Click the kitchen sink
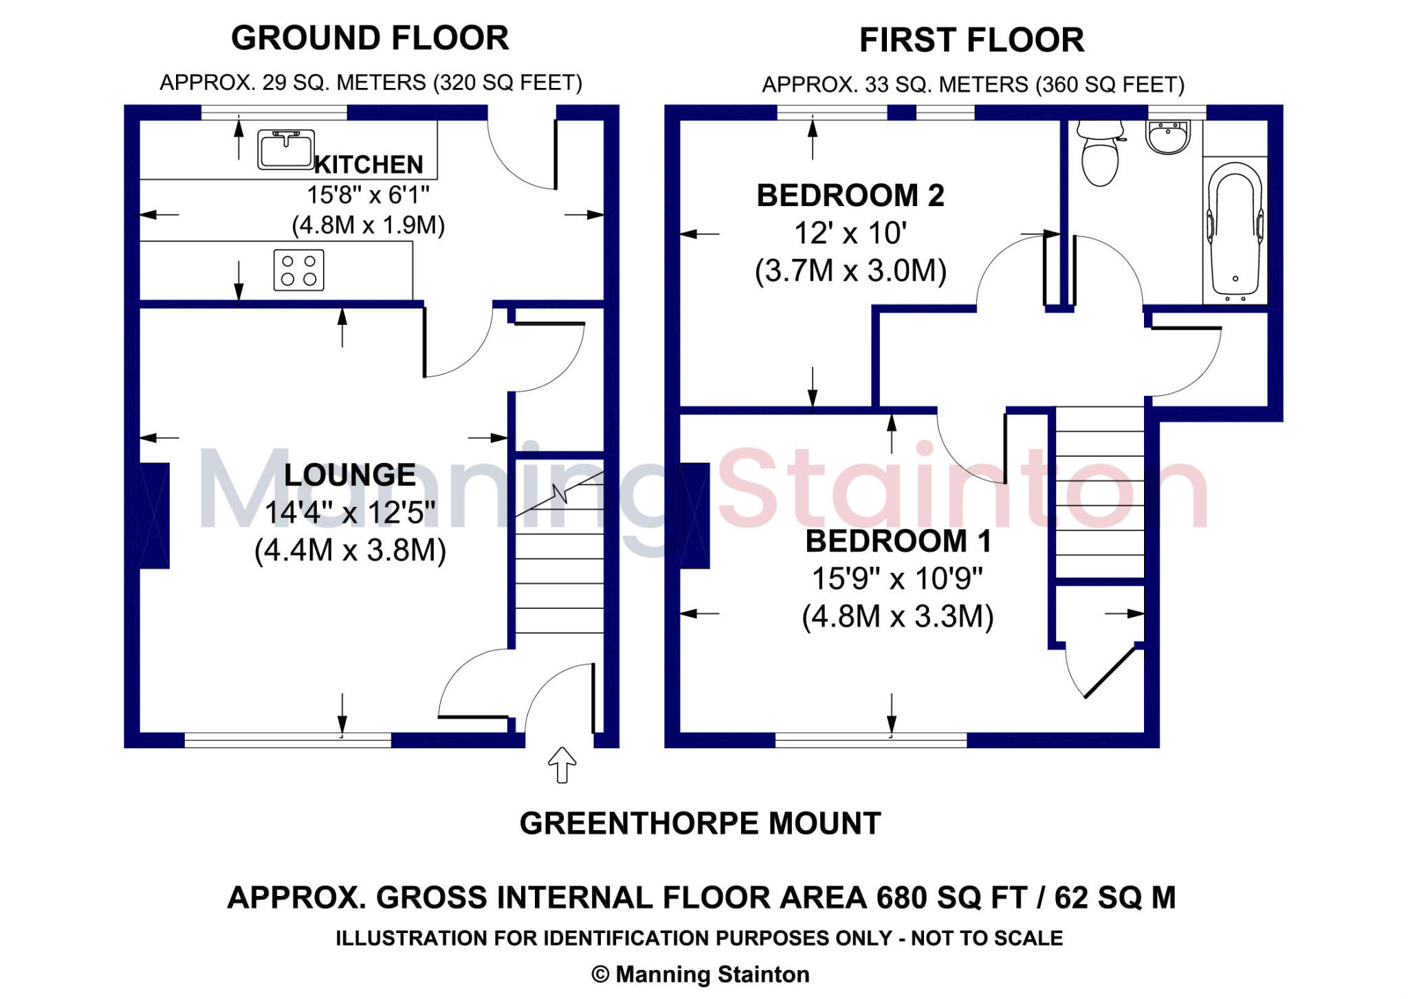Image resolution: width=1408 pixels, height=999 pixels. (286, 150)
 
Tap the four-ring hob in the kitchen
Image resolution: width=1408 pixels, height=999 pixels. (298, 270)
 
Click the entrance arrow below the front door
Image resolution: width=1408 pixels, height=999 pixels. (562, 765)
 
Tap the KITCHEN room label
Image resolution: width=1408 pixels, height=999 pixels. (368, 165)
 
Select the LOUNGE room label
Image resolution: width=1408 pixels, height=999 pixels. (350, 475)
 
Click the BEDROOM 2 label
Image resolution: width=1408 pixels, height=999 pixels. (850, 196)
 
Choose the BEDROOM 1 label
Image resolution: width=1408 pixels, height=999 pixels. (899, 541)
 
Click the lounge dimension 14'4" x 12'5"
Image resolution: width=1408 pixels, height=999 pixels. (350, 512)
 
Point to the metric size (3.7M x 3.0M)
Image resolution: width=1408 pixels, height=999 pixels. (850, 271)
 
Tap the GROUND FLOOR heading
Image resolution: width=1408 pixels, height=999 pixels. (370, 38)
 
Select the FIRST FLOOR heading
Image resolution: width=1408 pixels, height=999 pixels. (971, 40)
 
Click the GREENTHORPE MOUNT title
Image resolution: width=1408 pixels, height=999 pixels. (700, 823)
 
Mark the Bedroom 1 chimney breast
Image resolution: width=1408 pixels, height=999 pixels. (694, 516)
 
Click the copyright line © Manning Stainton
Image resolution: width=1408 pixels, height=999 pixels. (700, 974)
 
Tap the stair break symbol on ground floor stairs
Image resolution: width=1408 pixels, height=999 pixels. (560, 493)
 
